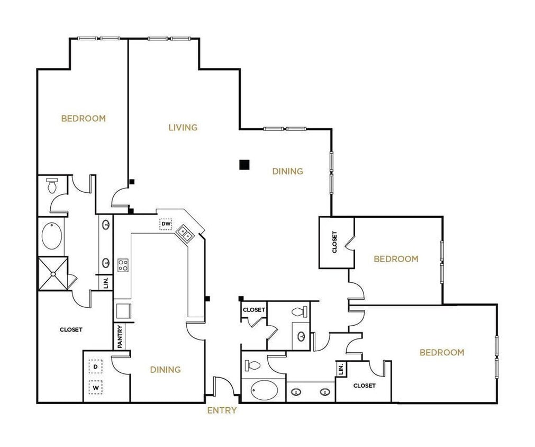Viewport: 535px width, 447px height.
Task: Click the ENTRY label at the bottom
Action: coord(222,410)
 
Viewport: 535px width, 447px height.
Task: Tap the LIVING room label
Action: coord(183,127)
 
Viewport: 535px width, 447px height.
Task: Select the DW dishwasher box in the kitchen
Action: coord(166,224)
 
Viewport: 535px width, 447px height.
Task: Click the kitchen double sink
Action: coord(185,233)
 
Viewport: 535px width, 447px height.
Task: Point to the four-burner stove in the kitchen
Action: coord(123,265)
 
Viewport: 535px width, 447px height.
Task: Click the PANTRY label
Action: coord(120,336)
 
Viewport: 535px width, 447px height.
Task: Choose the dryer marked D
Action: coord(96,366)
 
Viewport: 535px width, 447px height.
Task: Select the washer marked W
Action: coord(96,388)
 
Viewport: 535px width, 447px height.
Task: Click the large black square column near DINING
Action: coord(244,165)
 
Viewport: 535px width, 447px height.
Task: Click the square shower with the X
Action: coord(53,273)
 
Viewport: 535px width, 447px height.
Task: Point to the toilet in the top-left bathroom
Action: coord(52,186)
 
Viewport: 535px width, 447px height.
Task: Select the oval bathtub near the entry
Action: coord(262,391)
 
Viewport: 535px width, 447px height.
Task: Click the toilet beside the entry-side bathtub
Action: coord(253,365)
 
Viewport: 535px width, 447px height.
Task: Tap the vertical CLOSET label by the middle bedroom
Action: coord(335,242)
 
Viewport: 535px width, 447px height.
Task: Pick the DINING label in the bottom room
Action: coord(165,370)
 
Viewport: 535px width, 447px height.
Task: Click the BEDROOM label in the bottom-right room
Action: coord(442,352)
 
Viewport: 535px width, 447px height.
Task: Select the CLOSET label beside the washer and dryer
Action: coord(71,329)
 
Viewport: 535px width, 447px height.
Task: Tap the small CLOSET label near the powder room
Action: coord(253,310)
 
